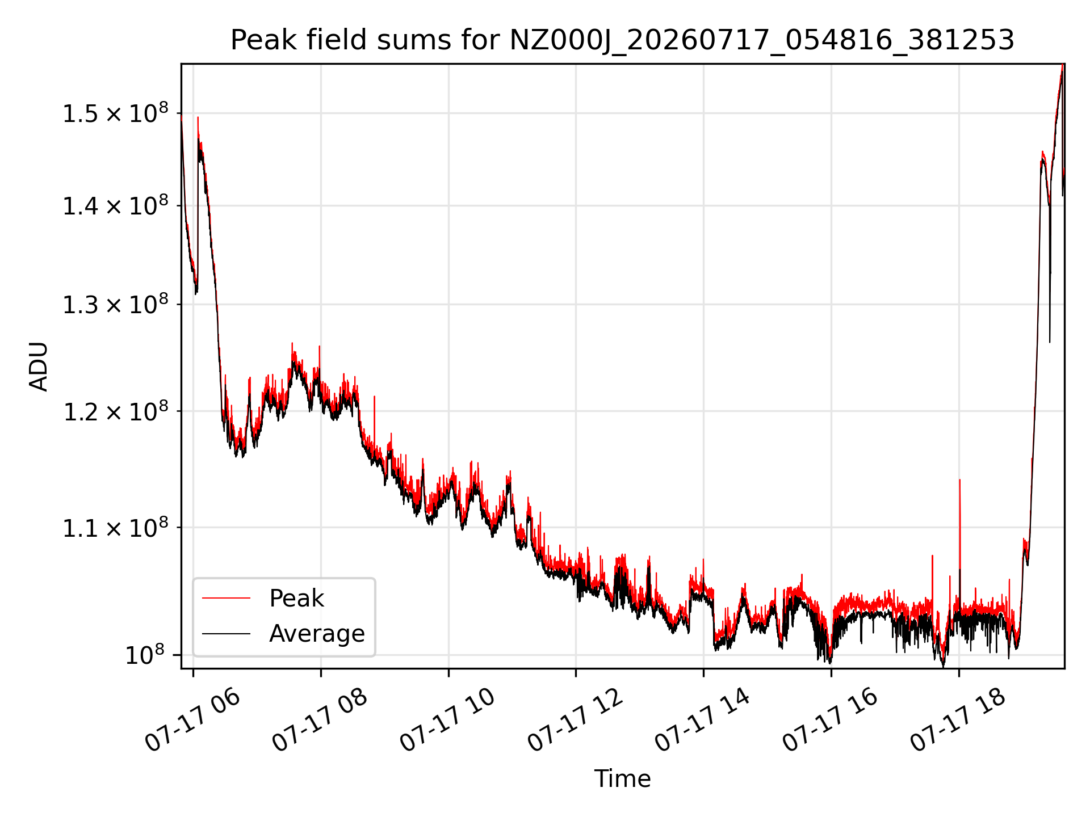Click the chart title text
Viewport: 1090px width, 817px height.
click(x=622, y=40)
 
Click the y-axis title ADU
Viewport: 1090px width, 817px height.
click(x=39, y=366)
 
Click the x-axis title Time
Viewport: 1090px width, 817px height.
click(x=622, y=778)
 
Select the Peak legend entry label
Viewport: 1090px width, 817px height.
click(x=296, y=598)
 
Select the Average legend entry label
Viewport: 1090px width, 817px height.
click(x=317, y=633)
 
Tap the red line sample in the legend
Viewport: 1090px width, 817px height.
click(x=226, y=598)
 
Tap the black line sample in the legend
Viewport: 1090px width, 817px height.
click(x=226, y=633)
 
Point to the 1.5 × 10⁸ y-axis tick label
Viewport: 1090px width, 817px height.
click(x=115, y=113)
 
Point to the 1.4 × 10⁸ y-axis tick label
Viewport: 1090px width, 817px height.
click(x=115, y=206)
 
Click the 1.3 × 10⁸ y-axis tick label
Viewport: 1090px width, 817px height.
click(x=115, y=305)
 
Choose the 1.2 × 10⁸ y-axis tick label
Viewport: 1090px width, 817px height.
click(x=115, y=411)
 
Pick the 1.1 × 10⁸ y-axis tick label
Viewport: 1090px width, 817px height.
click(x=115, y=528)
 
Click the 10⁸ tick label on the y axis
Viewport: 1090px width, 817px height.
click(x=145, y=655)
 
